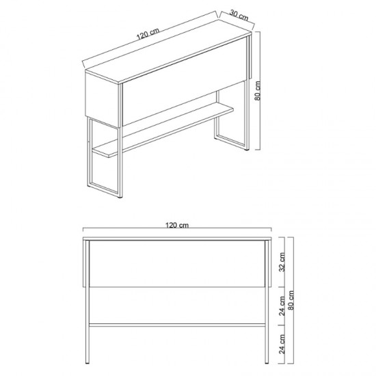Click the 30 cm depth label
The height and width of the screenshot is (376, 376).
coord(239,15)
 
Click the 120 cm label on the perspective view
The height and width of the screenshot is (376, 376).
coord(148,33)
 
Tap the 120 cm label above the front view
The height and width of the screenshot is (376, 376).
coord(177,225)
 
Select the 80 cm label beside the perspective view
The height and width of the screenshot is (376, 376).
coord(258,91)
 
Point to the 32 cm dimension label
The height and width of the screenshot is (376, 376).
coord(282,262)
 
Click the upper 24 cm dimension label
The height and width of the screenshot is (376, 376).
coord(282,306)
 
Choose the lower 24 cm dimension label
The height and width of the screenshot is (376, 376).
coord(282,344)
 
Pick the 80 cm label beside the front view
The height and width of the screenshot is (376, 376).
coord(291,300)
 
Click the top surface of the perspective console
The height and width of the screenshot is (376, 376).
coord(168,51)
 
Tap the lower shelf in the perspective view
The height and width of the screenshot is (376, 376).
coord(163,129)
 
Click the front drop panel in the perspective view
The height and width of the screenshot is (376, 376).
coord(185,81)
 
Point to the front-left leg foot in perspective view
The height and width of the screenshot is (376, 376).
coord(120,197)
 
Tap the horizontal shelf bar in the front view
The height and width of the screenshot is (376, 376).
coord(177,325)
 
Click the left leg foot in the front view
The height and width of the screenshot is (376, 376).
coord(88,362)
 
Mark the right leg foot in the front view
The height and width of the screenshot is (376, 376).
coord(267,362)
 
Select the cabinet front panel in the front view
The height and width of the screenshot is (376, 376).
coord(177,263)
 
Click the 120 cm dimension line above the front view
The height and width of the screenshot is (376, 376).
coord(177,228)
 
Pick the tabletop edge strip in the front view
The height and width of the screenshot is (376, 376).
coord(177,239)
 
